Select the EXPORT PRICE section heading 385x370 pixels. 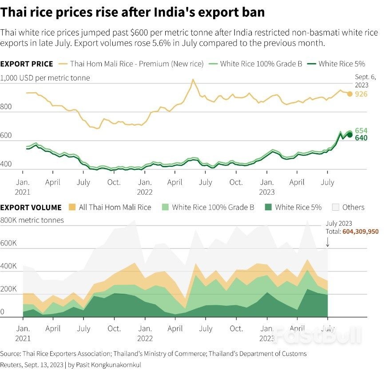[27, 64]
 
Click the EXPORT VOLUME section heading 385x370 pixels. [31, 207]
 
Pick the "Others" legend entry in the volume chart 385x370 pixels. [353, 207]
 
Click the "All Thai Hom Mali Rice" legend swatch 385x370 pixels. [72, 207]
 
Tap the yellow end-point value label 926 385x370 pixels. [361, 94]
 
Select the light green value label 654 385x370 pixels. [361, 130]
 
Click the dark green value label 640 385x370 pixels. [361, 138]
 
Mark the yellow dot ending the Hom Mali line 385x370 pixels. [350, 94]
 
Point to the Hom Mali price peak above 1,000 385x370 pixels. [192, 80]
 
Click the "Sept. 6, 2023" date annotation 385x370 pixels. [365, 80]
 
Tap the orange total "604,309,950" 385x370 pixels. [361, 232]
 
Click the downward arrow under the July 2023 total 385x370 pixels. [327, 242]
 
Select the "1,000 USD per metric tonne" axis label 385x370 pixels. [45, 78]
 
